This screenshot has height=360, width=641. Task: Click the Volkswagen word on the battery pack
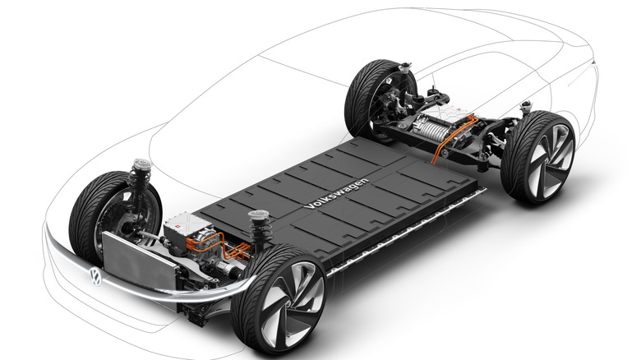pos(336,193)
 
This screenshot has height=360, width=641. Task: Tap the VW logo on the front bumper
pos(95,277)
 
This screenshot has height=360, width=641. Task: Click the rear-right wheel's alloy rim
pos(551,159)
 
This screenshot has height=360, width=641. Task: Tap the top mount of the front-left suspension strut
pos(141,165)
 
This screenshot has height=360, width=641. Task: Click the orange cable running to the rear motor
pos(454,136)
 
